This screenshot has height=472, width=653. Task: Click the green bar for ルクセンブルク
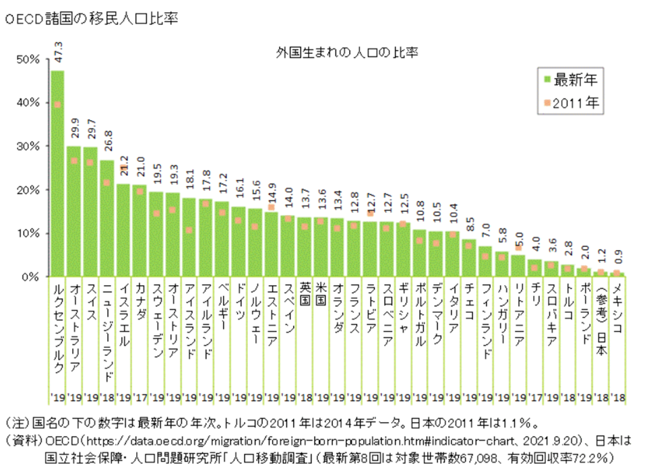tap(57, 175)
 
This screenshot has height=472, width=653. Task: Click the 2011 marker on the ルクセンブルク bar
tap(57, 105)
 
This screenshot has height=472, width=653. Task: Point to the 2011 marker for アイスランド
tap(189, 230)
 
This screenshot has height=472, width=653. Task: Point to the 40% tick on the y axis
tap(30, 102)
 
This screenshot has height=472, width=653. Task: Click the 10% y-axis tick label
tap(30, 233)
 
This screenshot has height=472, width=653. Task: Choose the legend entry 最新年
tap(569, 80)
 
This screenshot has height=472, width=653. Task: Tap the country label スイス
tap(90, 302)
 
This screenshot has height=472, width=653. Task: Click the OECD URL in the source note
tap(283, 442)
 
